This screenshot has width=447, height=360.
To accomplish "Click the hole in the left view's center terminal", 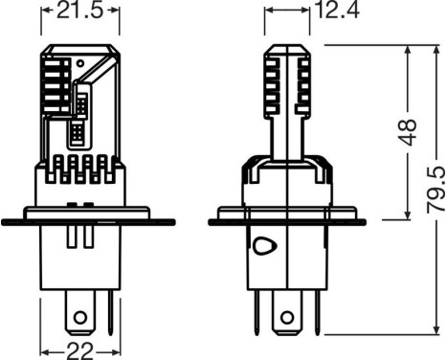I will pos(81,317).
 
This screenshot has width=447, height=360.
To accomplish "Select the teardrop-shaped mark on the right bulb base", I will pos(265,244).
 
